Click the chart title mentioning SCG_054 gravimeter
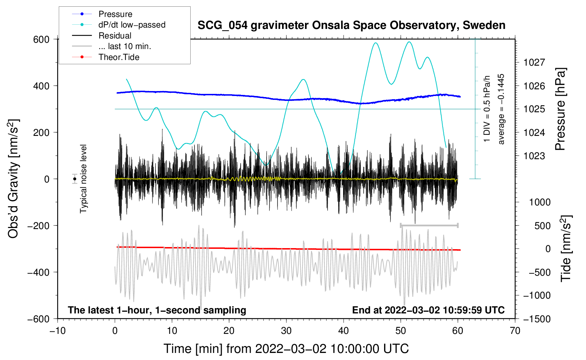[351, 25]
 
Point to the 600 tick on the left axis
[41, 40]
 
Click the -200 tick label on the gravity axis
[38, 226]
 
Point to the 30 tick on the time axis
[286, 331]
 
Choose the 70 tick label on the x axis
[515, 331]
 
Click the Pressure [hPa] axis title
[560, 109]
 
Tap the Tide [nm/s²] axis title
[566, 248]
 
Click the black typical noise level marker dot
[75, 179]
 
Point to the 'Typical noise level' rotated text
[83, 179]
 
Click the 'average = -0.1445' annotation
[501, 109]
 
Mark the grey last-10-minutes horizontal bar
[429, 225]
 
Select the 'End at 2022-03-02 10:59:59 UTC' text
[428, 310]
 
